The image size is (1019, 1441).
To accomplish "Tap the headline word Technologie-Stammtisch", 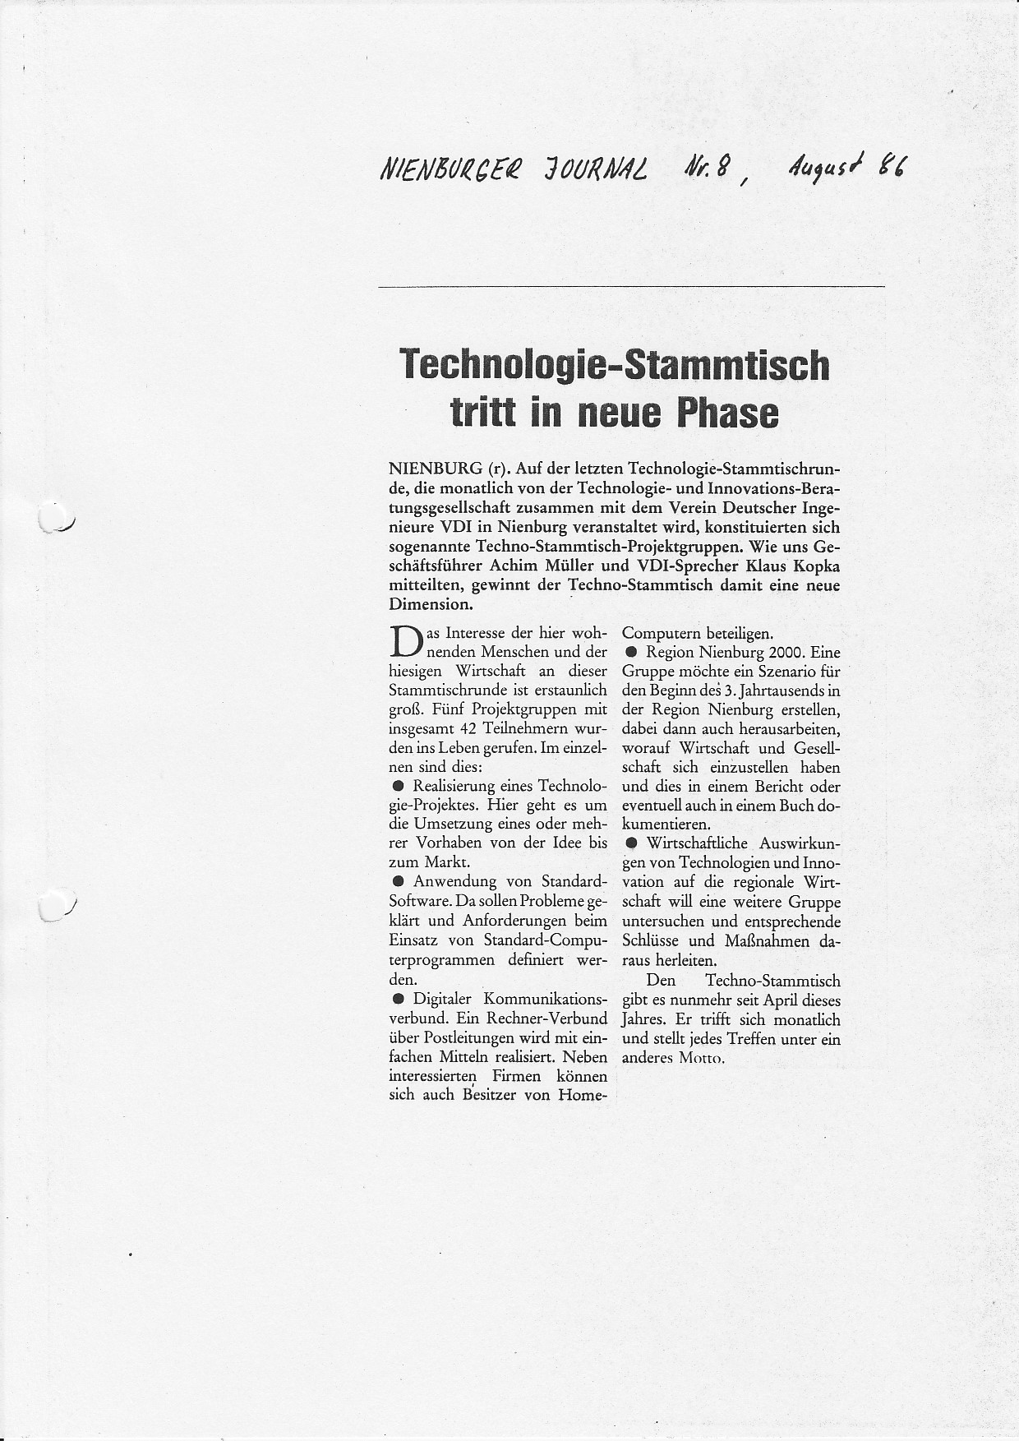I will (615, 365).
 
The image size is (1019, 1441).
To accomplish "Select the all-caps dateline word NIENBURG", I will (434, 469).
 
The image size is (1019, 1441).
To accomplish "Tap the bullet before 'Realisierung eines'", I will (398, 787).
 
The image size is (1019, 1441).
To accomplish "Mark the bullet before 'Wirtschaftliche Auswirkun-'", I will (630, 843).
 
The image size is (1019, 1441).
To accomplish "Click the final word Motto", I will (700, 1059).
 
